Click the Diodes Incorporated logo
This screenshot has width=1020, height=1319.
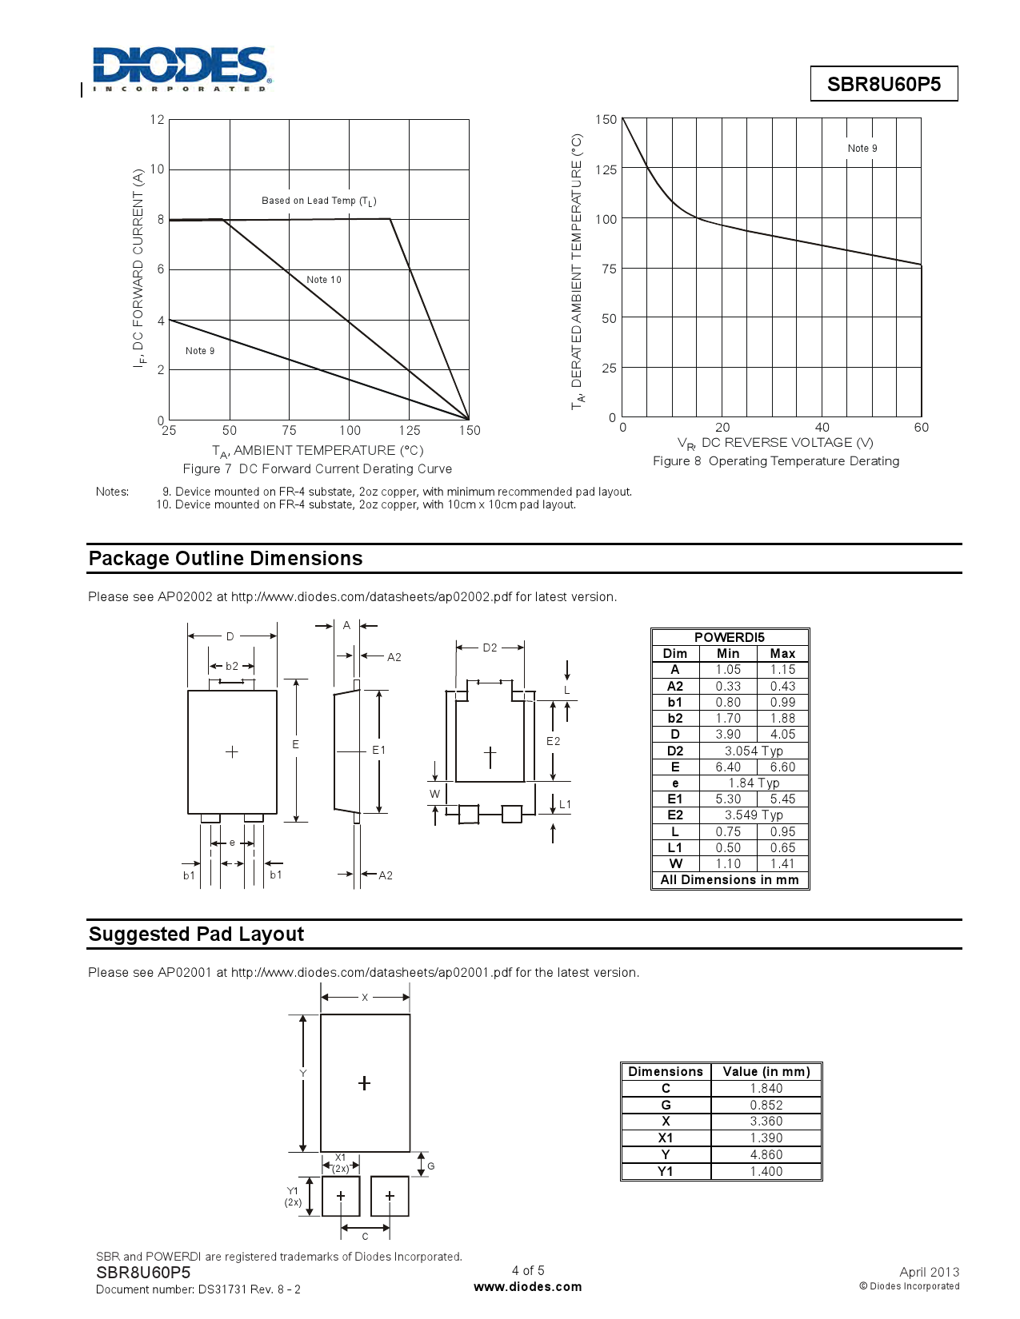click(182, 69)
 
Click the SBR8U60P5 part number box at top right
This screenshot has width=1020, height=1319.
click(883, 84)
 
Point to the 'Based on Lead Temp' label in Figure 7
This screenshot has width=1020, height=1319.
click(318, 201)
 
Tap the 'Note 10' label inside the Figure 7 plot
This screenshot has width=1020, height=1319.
click(324, 280)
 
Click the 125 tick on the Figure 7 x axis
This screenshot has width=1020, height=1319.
click(409, 431)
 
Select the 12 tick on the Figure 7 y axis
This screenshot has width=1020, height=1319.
click(157, 120)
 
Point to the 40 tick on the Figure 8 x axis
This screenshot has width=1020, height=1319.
click(822, 428)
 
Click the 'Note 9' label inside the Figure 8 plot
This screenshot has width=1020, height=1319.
click(862, 149)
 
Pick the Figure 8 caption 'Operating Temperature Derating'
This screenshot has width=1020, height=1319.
click(776, 461)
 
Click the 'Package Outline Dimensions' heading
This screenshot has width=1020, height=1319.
click(226, 559)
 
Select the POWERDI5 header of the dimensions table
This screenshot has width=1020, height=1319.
click(729, 637)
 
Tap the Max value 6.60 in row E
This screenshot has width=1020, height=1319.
click(782, 767)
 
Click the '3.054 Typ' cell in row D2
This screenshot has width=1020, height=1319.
click(754, 751)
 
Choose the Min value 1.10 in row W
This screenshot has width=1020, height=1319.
click(728, 863)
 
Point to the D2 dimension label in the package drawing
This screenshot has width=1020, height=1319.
click(490, 648)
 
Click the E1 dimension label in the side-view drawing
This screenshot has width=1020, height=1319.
click(378, 750)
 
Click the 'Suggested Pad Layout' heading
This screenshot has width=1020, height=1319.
click(197, 934)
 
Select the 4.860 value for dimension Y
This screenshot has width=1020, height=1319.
click(766, 1154)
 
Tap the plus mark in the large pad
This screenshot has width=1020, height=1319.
click(364, 1083)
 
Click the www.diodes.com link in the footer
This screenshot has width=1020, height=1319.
click(528, 1287)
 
